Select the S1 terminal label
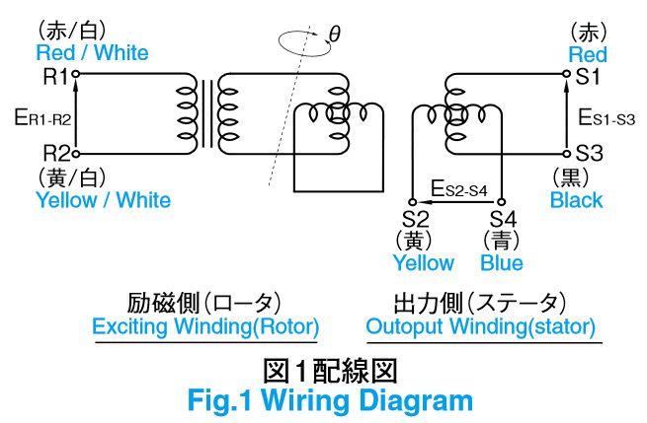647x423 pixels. point(590,75)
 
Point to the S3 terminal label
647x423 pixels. point(590,154)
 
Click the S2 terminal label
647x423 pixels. point(416,218)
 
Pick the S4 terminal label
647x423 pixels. point(502,218)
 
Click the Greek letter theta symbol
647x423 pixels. point(335,36)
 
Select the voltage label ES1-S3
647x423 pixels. point(606,117)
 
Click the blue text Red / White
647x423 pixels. point(92,51)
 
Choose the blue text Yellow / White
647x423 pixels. point(102,200)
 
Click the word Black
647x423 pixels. point(576,200)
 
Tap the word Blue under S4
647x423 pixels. point(502,262)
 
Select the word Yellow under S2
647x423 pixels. point(424,262)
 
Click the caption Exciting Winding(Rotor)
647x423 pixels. point(205,325)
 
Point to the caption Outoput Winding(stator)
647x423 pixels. point(480,325)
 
